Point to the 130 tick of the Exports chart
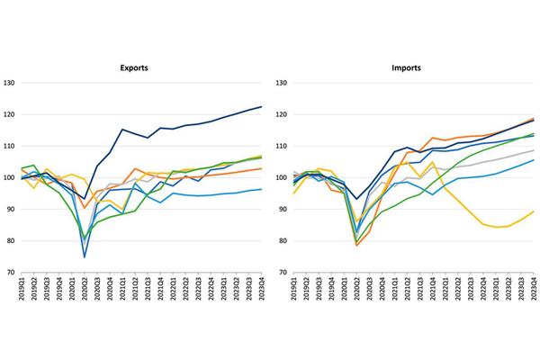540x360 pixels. tap(8, 84)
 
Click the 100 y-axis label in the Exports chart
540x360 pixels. tap(8, 178)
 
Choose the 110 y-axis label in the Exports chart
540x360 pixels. tap(8, 147)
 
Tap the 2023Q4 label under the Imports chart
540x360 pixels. tap(534, 293)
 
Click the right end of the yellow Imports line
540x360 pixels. tap(534, 211)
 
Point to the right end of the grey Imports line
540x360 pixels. tap(534, 150)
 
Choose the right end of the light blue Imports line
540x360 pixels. tap(534, 160)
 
